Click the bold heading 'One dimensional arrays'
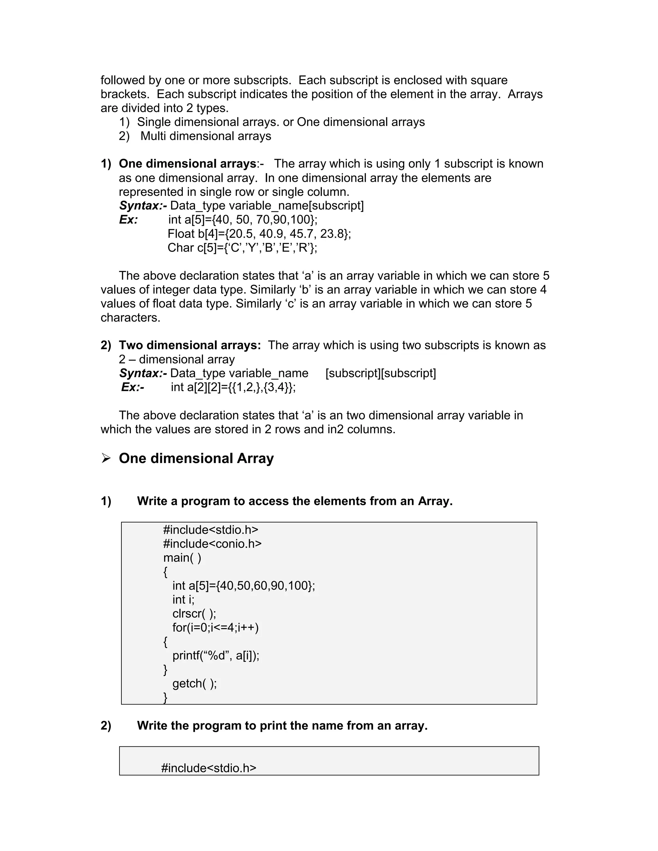tap(187, 164)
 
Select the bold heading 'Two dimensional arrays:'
tap(190, 345)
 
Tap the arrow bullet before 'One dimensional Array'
tap(106, 458)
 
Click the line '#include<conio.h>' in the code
tap(212, 544)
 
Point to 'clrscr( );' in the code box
tap(194, 614)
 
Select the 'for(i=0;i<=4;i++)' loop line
tap(215, 627)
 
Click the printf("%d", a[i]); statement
tap(216, 655)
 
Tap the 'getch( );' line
tap(194, 683)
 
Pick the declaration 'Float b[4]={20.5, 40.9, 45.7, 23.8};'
tap(259, 234)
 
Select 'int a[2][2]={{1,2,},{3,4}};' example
tap(233, 387)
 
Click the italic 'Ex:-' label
tap(133, 387)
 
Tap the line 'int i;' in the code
tap(183, 600)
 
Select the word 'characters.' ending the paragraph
tap(130, 318)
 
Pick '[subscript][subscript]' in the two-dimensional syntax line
tap(380, 373)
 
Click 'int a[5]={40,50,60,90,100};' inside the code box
tap(243, 586)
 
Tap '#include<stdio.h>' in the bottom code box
tap(209, 768)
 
